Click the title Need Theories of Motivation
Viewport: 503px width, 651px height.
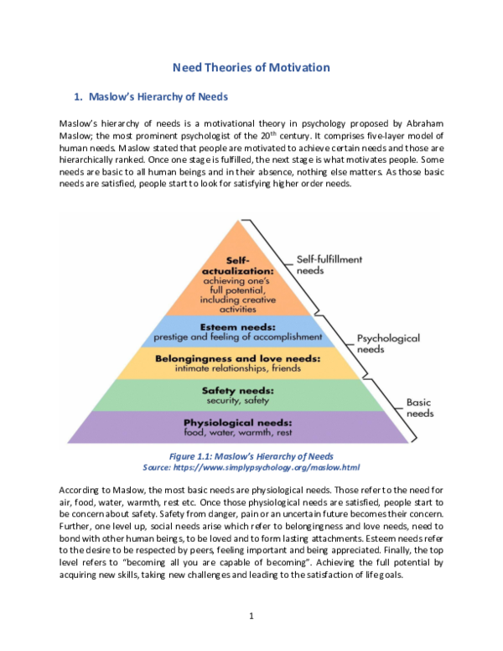[x=251, y=68]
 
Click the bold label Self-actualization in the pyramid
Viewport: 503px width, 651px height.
[x=238, y=266]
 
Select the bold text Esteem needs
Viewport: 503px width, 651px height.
[x=236, y=325]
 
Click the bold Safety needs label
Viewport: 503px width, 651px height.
[x=237, y=390]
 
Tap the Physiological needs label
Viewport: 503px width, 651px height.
[x=238, y=422]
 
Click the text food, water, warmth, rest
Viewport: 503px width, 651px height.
[x=238, y=432]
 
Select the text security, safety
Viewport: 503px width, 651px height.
[x=238, y=400]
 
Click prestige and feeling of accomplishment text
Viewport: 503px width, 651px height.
[x=236, y=336]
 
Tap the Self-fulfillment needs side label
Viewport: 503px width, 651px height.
[x=329, y=265]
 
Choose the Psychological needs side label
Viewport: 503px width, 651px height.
[x=388, y=343]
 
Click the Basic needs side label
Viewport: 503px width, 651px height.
[x=419, y=408]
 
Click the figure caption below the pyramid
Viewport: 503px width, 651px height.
[x=251, y=456]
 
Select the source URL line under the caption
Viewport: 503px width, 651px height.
[x=251, y=467]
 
